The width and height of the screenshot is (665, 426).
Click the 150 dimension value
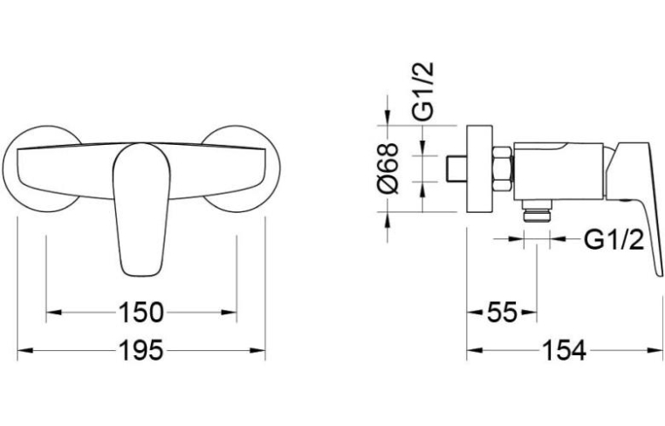(x=141, y=313)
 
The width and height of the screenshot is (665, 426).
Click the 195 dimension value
(x=141, y=350)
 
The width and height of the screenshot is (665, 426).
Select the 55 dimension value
(x=502, y=313)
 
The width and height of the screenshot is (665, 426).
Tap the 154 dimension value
(x=565, y=350)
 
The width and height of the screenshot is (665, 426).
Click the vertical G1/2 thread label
(x=423, y=92)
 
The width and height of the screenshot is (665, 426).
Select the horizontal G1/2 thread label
(x=614, y=240)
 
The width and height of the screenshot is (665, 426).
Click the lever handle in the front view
(x=141, y=210)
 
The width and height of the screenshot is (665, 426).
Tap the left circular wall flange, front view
(x=42, y=168)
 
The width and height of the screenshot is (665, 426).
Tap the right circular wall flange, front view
(x=241, y=168)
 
